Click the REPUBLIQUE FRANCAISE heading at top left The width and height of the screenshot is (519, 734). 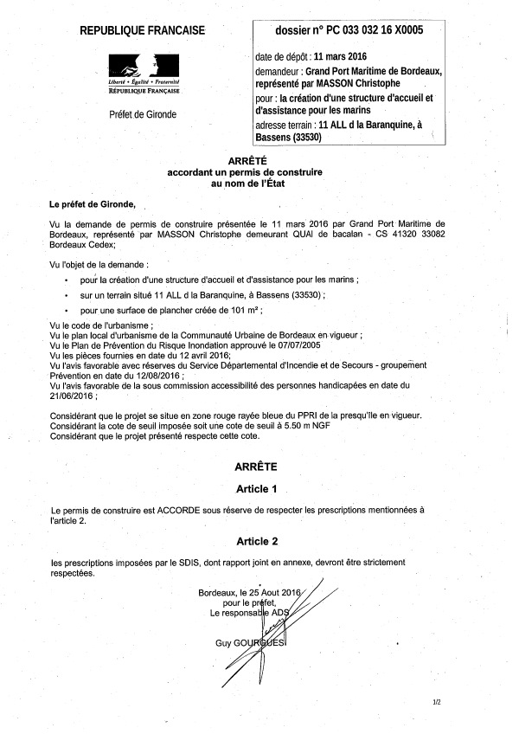coord(143,31)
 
